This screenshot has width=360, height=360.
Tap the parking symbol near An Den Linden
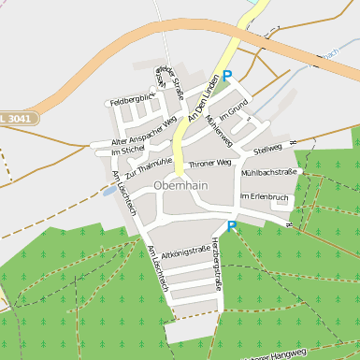(x=226, y=76)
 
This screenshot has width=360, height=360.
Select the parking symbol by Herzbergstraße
(x=231, y=225)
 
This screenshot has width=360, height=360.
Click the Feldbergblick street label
(x=132, y=98)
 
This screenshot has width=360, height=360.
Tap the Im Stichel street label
(x=127, y=150)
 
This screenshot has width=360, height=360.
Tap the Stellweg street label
(x=267, y=148)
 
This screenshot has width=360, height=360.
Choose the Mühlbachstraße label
(x=268, y=173)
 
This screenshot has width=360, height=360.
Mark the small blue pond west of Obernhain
(x=110, y=191)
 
